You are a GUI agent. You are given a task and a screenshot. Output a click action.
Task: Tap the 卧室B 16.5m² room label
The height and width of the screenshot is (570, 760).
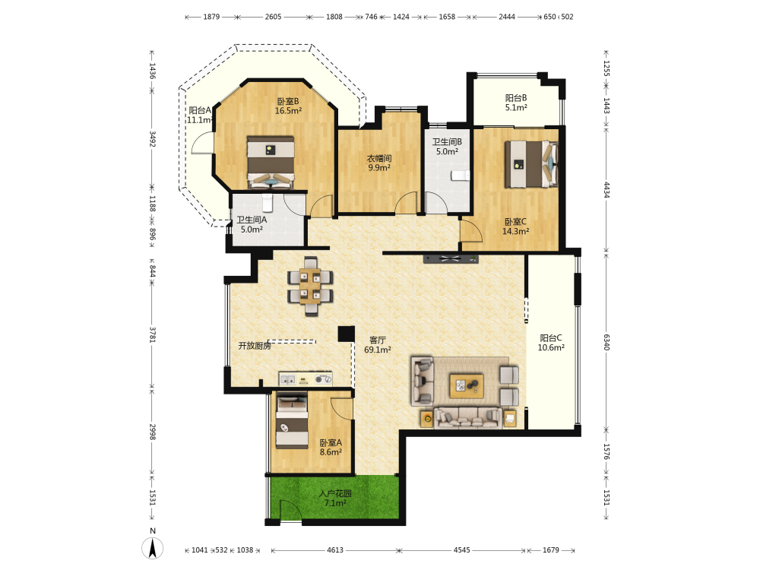(288, 106)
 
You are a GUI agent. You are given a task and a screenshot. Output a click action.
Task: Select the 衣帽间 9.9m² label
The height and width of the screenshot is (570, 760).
(379, 163)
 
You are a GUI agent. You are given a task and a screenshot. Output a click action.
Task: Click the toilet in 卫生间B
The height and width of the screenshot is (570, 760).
(461, 175)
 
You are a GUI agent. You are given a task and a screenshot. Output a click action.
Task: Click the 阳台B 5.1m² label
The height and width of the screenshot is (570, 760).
(516, 103)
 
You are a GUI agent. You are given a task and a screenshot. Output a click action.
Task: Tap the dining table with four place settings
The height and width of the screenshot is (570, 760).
(310, 286)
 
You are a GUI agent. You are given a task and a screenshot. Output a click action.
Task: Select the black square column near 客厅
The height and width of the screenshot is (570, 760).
(346, 334)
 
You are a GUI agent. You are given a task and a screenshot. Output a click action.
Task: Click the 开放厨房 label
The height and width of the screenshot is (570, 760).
(255, 346)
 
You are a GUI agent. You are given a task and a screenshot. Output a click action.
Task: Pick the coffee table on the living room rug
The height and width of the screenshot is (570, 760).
(467, 386)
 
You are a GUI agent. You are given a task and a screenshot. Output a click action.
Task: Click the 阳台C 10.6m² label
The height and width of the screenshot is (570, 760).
(551, 343)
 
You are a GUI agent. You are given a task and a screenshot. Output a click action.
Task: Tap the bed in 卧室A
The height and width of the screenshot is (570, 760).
(292, 421)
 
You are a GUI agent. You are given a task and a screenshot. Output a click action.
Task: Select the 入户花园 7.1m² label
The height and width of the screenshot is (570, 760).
(335, 499)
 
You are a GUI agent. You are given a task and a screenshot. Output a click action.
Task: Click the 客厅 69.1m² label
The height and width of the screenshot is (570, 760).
(378, 344)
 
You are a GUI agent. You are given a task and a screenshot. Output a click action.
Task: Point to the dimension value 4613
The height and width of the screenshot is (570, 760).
(335, 550)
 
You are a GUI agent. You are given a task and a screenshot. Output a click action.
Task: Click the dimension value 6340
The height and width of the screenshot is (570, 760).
(606, 342)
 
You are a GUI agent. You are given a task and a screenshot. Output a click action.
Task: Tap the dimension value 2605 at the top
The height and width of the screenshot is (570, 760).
(273, 17)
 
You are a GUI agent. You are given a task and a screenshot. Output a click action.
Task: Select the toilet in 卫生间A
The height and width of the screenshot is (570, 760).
(267, 203)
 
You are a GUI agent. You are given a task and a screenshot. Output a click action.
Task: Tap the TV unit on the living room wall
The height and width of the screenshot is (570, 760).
(451, 259)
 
